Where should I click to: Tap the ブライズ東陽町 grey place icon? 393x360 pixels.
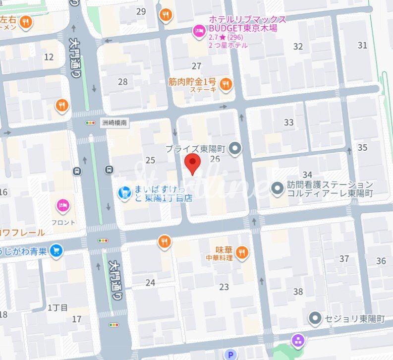[235, 148]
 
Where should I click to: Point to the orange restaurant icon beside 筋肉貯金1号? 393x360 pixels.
[226, 84]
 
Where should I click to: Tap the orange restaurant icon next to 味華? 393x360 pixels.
[242, 252]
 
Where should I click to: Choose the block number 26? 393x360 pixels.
[215, 159]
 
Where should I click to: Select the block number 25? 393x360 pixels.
[150, 160]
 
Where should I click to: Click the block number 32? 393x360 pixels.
[298, 47]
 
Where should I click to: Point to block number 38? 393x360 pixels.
[298, 292]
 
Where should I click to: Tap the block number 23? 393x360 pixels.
[224, 287]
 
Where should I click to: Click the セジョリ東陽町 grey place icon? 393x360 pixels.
[314, 318]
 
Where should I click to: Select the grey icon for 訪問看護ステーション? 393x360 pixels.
[277, 188]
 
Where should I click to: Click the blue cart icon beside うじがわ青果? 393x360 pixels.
[56, 251]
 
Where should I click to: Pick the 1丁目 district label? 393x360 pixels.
[57, 307]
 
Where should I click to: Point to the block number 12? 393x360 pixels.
[49, 57]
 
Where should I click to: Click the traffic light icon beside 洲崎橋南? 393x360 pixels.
[90, 123]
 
